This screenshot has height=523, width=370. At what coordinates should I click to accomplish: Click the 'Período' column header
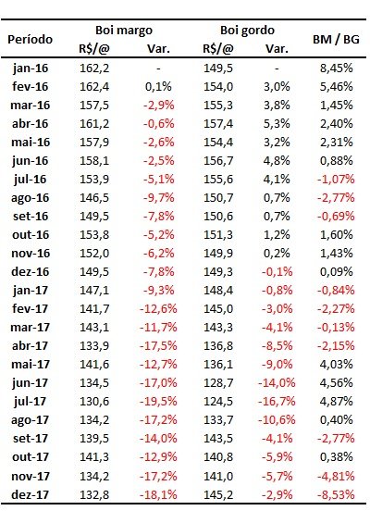pos(30,40)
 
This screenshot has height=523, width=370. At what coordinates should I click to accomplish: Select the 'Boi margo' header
pos(124,31)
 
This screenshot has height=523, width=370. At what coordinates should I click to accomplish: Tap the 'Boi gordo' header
pos(247,31)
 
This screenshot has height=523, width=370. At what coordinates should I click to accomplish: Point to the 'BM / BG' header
pos(336,40)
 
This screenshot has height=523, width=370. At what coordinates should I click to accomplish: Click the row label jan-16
pos(31,68)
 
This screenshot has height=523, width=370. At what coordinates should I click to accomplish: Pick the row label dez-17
pos(31,494)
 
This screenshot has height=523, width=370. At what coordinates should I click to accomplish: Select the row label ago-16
pos(31,198)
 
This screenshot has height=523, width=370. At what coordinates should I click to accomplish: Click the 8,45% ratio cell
pos(337,68)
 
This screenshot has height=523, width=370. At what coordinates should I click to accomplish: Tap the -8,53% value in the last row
pos(336,494)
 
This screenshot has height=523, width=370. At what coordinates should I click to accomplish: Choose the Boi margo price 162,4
pos(94,87)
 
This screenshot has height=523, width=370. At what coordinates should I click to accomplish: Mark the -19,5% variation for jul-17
pos(158,401)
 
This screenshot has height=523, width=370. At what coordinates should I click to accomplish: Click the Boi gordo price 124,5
pos(218,401)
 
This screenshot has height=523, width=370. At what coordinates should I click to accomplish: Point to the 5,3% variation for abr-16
pos(277,124)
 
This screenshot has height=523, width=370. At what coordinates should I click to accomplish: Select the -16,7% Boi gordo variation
pos(277,401)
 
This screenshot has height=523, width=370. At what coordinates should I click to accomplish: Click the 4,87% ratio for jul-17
pos(337,401)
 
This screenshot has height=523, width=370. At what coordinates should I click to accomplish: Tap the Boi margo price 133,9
pos(94,346)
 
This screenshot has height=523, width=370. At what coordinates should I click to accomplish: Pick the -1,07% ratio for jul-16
pos(336,179)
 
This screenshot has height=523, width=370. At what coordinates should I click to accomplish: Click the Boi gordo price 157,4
pos(218,124)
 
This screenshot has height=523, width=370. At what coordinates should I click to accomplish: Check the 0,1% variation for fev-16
pos(158,87)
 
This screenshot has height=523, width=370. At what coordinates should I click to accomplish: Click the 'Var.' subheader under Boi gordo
pos(277,49)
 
